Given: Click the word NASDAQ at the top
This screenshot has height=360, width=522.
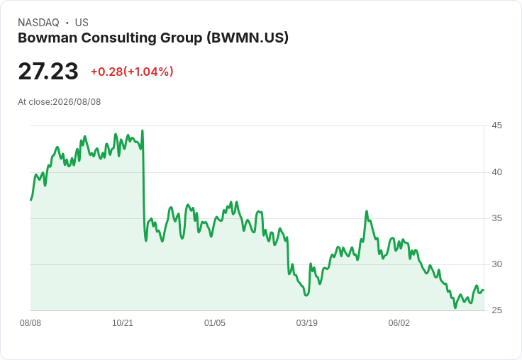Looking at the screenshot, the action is [38, 23].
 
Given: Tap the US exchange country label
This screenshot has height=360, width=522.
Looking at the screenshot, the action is [82, 23].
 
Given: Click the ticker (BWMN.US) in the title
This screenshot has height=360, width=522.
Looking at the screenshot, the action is [248, 38].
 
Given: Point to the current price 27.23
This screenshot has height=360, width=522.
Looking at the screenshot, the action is [48, 72].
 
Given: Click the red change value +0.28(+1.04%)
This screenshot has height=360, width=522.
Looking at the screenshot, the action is [132, 72].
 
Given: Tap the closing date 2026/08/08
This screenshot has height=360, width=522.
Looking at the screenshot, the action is [77, 102].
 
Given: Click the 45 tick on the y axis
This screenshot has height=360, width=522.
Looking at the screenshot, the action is [496, 125].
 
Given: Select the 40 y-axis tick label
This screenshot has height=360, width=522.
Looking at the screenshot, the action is [496, 172].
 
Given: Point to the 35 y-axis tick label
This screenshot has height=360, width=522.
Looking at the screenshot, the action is [496, 218].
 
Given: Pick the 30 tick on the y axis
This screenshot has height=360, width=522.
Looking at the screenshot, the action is [496, 264].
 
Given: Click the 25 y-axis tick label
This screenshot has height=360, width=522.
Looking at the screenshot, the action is [496, 310].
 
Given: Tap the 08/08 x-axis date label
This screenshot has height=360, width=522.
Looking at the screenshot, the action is [30, 323].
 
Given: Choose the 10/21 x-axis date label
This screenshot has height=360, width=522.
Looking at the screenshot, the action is [123, 323].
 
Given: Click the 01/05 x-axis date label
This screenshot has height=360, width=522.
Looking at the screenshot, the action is [215, 323].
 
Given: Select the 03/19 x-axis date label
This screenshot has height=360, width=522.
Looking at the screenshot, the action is [306, 323].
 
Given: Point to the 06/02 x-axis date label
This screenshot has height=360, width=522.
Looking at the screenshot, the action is [399, 323].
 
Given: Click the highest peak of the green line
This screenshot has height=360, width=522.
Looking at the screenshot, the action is [143, 130].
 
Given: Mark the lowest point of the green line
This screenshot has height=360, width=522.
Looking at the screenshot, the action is [455, 308].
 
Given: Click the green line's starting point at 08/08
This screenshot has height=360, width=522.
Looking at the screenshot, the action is [31, 200].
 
